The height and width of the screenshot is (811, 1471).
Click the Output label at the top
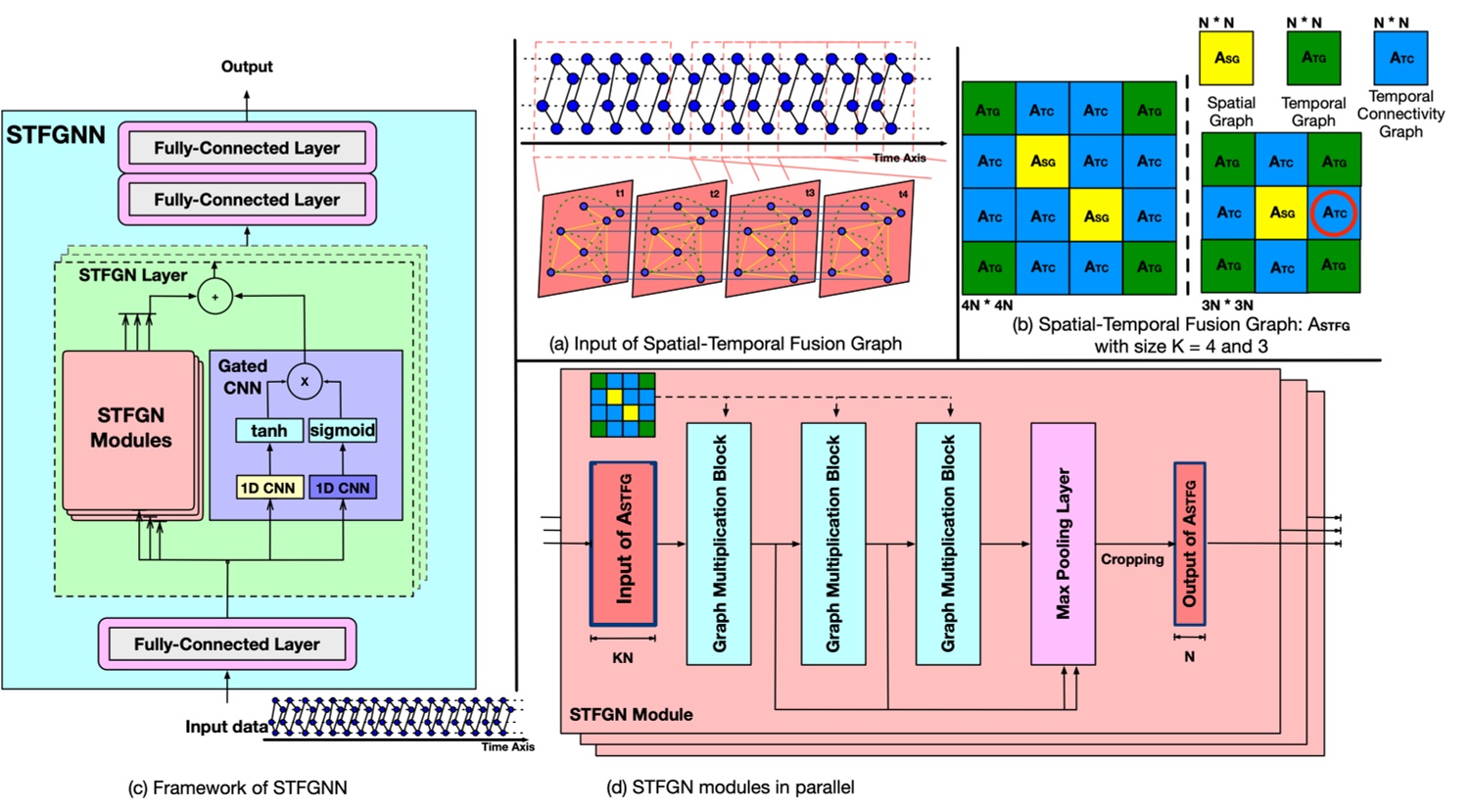[246, 67]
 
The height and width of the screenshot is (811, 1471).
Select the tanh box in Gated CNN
[268, 431]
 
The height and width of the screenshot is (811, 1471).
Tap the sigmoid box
[343, 430]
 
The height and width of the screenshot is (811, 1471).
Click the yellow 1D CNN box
[269, 487]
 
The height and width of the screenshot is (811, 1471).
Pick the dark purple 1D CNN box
[343, 487]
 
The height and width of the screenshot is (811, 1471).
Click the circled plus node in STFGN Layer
[214, 296]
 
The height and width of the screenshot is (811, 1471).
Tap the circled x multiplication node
[305, 381]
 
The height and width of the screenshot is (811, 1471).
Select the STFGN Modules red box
[130, 429]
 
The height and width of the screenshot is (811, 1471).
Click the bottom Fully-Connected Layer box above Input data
[226, 644]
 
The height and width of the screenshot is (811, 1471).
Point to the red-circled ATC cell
[1334, 213]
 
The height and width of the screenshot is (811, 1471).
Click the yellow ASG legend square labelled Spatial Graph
[1225, 58]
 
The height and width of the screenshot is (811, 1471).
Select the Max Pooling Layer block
[1063, 544]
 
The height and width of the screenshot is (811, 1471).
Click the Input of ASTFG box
[623, 544]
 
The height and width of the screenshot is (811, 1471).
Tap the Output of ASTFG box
[1189, 544]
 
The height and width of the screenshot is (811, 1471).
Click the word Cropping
[1132, 559]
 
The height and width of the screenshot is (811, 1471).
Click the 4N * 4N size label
[987, 306]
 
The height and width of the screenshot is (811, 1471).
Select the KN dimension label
[623, 658]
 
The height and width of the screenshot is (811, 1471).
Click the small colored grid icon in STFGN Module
[622, 405]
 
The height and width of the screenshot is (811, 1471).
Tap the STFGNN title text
[56, 135]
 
